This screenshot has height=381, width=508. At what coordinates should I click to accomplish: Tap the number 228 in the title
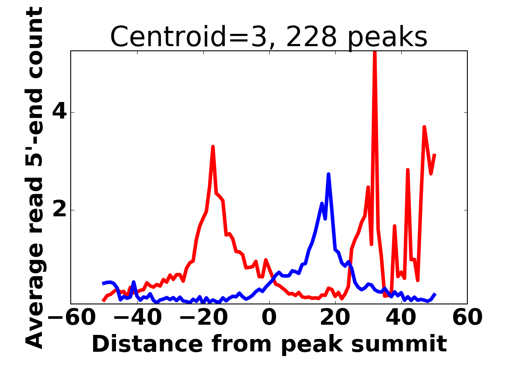[311, 36]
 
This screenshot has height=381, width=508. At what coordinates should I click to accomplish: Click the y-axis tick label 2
[60, 210]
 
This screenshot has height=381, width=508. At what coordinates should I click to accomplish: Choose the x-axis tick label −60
[72, 317]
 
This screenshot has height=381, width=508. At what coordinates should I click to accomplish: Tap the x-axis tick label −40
[138, 317]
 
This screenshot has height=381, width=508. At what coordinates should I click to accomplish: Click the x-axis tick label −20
[204, 317]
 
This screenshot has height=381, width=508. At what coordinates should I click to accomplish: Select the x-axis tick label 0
[269, 317]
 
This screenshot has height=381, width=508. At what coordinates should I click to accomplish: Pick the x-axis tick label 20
[335, 317]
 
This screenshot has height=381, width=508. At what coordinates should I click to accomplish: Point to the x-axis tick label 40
[401, 317]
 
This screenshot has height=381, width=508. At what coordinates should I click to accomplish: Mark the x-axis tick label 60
[467, 317]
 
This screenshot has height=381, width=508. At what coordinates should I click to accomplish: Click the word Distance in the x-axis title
[148, 344]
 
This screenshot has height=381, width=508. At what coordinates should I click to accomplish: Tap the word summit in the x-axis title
[399, 345]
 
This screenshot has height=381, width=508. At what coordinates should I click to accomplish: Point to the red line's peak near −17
[213, 146]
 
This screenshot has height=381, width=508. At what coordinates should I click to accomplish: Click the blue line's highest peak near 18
[329, 174]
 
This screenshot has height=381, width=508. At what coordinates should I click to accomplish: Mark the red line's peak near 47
[424, 127]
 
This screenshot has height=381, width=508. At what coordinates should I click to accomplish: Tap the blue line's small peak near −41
[133, 282]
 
